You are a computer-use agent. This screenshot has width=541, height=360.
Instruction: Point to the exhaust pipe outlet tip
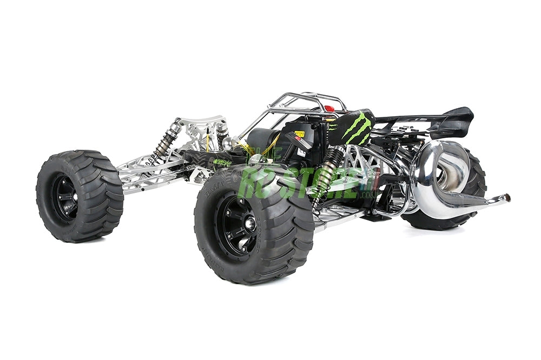tap(506, 198)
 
